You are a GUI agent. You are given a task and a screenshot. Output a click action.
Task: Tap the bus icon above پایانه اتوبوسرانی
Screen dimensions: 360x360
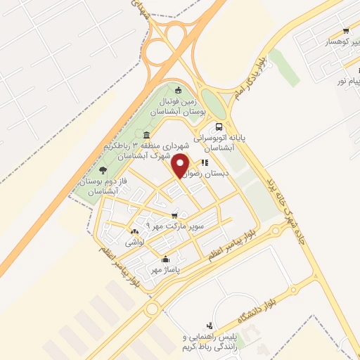tap(219, 127)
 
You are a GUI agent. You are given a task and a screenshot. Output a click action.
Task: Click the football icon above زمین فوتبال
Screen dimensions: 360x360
tap(179, 90)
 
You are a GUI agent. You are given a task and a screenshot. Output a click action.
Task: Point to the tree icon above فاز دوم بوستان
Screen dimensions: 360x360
tap(103, 169)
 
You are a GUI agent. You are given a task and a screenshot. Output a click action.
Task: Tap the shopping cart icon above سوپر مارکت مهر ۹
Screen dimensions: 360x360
tap(174, 215)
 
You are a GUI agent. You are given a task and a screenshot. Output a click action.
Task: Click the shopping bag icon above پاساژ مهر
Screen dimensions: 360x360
tap(165, 258)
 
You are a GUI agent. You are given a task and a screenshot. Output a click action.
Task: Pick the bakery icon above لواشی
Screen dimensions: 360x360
tap(134, 231)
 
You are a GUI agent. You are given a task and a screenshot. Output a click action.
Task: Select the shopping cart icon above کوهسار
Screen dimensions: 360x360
tap(345, 31)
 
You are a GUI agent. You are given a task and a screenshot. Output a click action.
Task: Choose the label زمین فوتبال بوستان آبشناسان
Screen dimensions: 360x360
tap(179, 107)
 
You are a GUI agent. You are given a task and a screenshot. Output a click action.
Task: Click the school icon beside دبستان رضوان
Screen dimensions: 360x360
tap(204, 163)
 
